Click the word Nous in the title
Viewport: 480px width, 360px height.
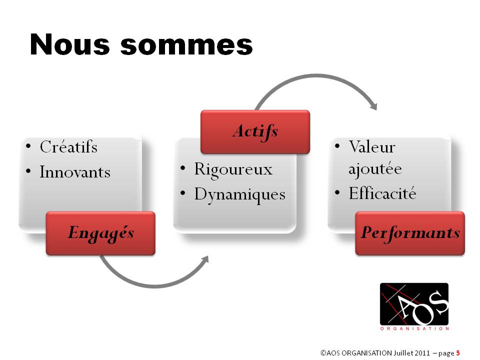(70, 44)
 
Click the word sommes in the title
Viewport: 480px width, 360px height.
(186, 45)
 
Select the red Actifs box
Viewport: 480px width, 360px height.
(255, 131)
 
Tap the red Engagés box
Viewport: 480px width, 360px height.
(100, 233)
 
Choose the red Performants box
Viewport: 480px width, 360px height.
(410, 233)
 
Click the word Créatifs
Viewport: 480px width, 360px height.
(68, 146)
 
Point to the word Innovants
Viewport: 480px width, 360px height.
(75, 171)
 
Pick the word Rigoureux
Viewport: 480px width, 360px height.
(233, 169)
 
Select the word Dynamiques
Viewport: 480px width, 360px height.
(240, 194)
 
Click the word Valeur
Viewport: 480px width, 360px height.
(372, 146)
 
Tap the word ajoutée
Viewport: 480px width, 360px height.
(375, 169)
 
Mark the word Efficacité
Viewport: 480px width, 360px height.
(382, 193)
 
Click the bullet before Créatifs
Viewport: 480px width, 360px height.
(28, 146)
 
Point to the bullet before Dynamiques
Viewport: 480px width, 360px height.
(183, 193)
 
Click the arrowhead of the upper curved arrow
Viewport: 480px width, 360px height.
(374, 106)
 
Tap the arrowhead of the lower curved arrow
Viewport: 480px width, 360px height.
(205, 259)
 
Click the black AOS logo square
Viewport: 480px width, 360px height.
(414, 304)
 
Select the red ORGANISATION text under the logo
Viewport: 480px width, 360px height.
(414, 328)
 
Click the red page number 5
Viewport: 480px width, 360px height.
(458, 353)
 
